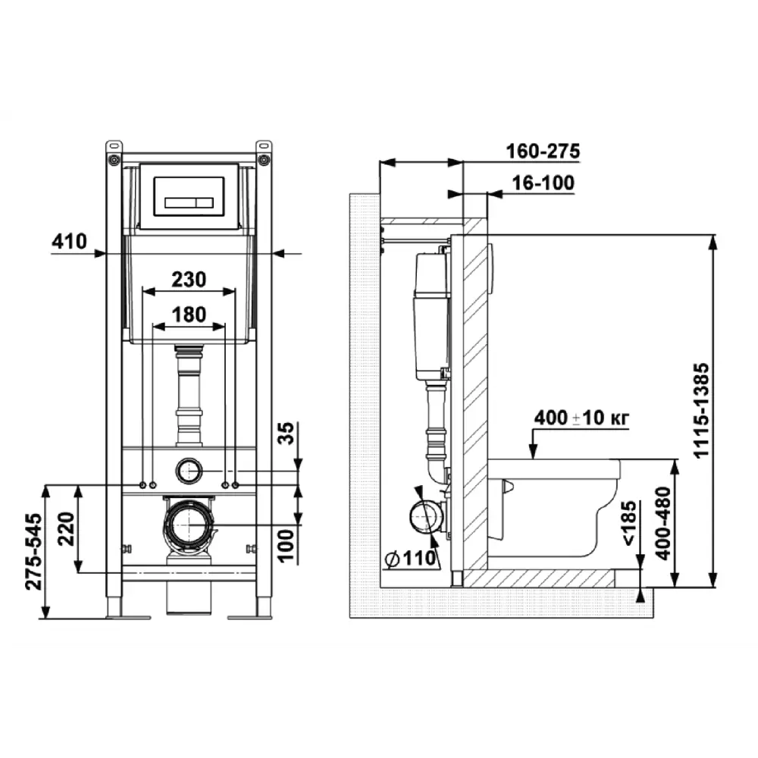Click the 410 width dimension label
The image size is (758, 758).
tap(69, 241)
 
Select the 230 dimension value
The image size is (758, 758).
tap(189, 280)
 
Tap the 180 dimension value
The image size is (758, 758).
tap(189, 315)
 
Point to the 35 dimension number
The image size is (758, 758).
tap(286, 433)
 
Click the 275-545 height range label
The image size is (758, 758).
tap(33, 552)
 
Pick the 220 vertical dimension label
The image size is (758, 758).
tap(66, 529)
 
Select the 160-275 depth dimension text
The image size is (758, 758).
tap(543, 152)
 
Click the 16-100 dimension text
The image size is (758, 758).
tap(543, 183)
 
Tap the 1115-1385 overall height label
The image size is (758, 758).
tap(701, 410)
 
